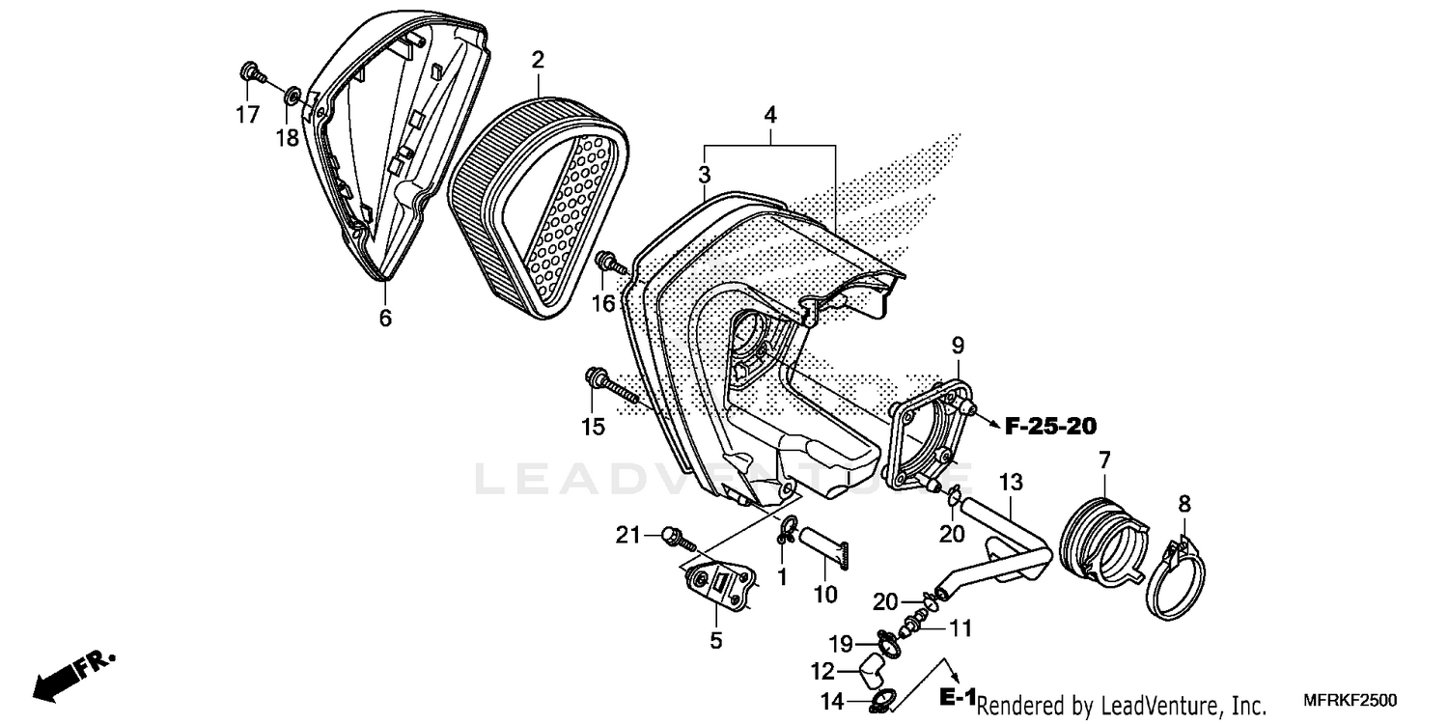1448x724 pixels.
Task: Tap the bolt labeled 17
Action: [x=250, y=71]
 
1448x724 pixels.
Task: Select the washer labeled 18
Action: [x=290, y=96]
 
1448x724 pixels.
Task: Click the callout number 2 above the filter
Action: [x=538, y=60]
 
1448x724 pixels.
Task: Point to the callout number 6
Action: [x=385, y=318]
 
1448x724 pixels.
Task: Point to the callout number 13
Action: [x=1010, y=481]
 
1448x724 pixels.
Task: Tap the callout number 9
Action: [x=958, y=345]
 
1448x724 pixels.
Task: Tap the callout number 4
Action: [x=769, y=115]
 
